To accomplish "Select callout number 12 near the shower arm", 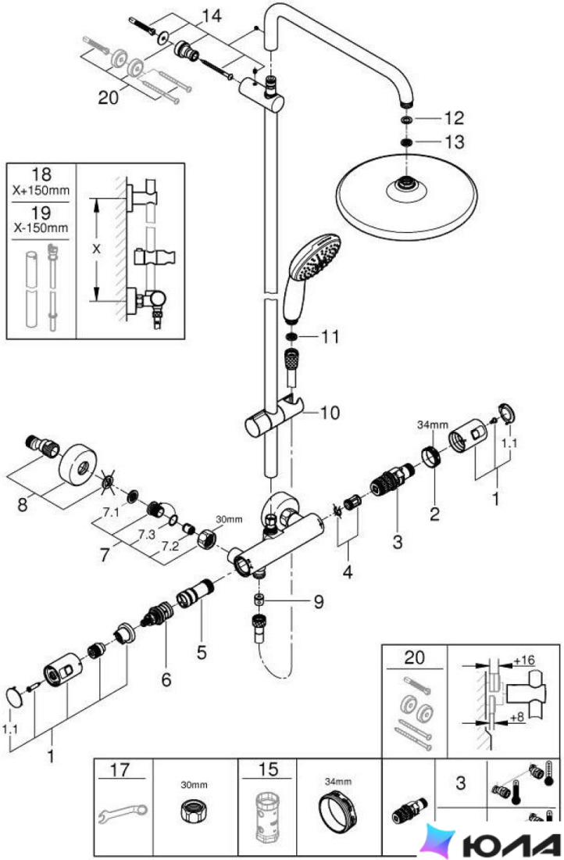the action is [454, 118].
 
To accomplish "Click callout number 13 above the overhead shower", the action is [455, 142].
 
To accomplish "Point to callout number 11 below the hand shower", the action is [330, 336].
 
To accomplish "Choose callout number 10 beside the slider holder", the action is [330, 413].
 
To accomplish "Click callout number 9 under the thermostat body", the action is [319, 602].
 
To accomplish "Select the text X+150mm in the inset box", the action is [41, 190].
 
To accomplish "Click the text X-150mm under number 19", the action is [41, 227].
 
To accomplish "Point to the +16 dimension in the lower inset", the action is [524, 660].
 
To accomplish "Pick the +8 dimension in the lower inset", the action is [518, 717].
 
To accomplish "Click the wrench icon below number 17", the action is [122, 814].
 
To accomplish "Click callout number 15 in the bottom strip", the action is [268, 769].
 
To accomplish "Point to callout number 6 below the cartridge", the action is [166, 679].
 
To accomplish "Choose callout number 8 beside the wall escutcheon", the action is [23, 503].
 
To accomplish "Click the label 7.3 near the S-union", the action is [146, 533].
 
